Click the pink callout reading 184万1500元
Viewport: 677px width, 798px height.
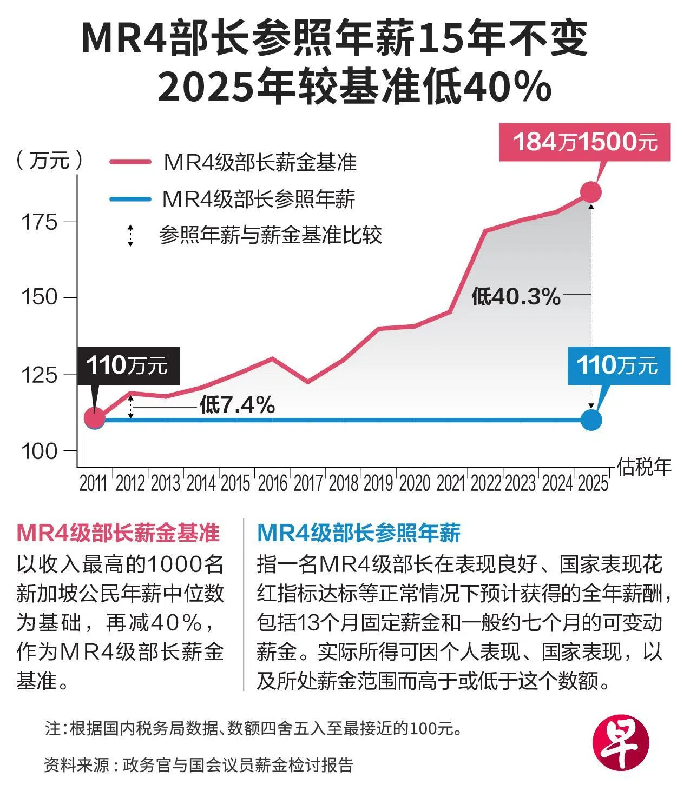(584, 142)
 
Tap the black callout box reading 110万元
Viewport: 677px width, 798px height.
(128, 365)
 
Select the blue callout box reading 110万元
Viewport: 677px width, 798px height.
(619, 365)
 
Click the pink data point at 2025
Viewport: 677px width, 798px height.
(591, 192)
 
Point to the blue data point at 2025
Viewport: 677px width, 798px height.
(591, 420)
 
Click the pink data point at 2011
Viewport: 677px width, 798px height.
(95, 418)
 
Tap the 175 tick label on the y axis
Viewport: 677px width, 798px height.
(39, 222)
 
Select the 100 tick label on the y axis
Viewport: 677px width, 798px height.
(39, 451)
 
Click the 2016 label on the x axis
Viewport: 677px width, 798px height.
(272, 483)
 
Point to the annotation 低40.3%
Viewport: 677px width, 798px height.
(516, 296)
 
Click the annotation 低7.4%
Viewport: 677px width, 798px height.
(237, 405)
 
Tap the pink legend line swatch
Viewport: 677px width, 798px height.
(130, 162)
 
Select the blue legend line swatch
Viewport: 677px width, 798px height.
(130, 199)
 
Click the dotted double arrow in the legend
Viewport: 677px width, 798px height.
(130, 236)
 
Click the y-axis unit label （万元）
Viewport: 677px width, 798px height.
(49, 160)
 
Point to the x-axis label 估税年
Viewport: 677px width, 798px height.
(644, 467)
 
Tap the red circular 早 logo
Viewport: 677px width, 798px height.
(621, 742)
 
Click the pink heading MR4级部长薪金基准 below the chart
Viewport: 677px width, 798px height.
(118, 533)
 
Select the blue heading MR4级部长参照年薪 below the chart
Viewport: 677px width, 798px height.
(359, 533)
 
